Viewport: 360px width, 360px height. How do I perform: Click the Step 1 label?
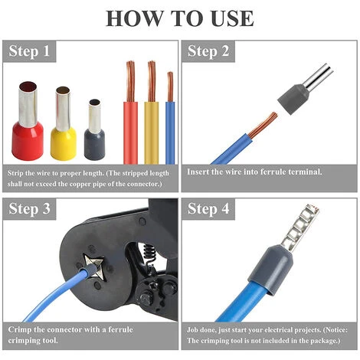29,51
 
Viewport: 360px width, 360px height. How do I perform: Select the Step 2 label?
208,51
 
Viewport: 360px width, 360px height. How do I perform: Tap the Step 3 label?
29,209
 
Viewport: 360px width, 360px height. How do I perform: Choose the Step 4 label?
208,209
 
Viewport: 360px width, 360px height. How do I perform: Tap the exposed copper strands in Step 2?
263,125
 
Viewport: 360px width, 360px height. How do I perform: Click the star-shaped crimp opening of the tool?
94,266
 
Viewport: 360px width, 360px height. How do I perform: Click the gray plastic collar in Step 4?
270,268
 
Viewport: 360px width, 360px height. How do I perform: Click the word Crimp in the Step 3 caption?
19,329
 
